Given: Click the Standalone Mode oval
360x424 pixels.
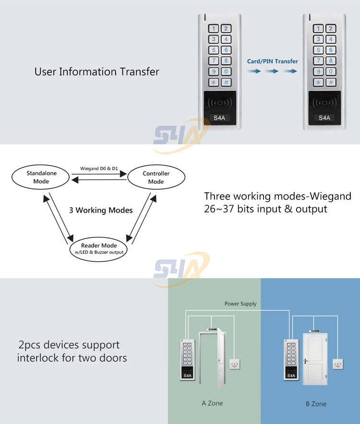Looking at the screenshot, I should coord(41,177).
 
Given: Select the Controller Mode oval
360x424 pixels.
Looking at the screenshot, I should coord(156,177).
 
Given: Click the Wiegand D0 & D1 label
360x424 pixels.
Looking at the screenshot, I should coord(99,168).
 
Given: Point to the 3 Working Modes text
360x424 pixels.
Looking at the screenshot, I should coord(100,210).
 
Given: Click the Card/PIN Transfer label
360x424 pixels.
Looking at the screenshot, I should coord(272,61).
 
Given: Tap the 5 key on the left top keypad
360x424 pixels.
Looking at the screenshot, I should coord(214,50).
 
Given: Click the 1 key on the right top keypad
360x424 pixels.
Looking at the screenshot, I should coord(318,29).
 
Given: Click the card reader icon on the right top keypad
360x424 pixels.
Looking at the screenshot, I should coord(324,103).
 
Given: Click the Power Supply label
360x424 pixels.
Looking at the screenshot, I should coord(240,304).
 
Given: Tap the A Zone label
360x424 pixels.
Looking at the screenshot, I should coord(212,403).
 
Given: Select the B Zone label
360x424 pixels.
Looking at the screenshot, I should coord(316,404).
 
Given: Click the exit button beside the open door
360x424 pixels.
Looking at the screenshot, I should coord(235,365).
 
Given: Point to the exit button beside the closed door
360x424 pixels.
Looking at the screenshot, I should coord(338,365).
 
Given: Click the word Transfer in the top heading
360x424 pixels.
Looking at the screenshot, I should coord(140,72).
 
